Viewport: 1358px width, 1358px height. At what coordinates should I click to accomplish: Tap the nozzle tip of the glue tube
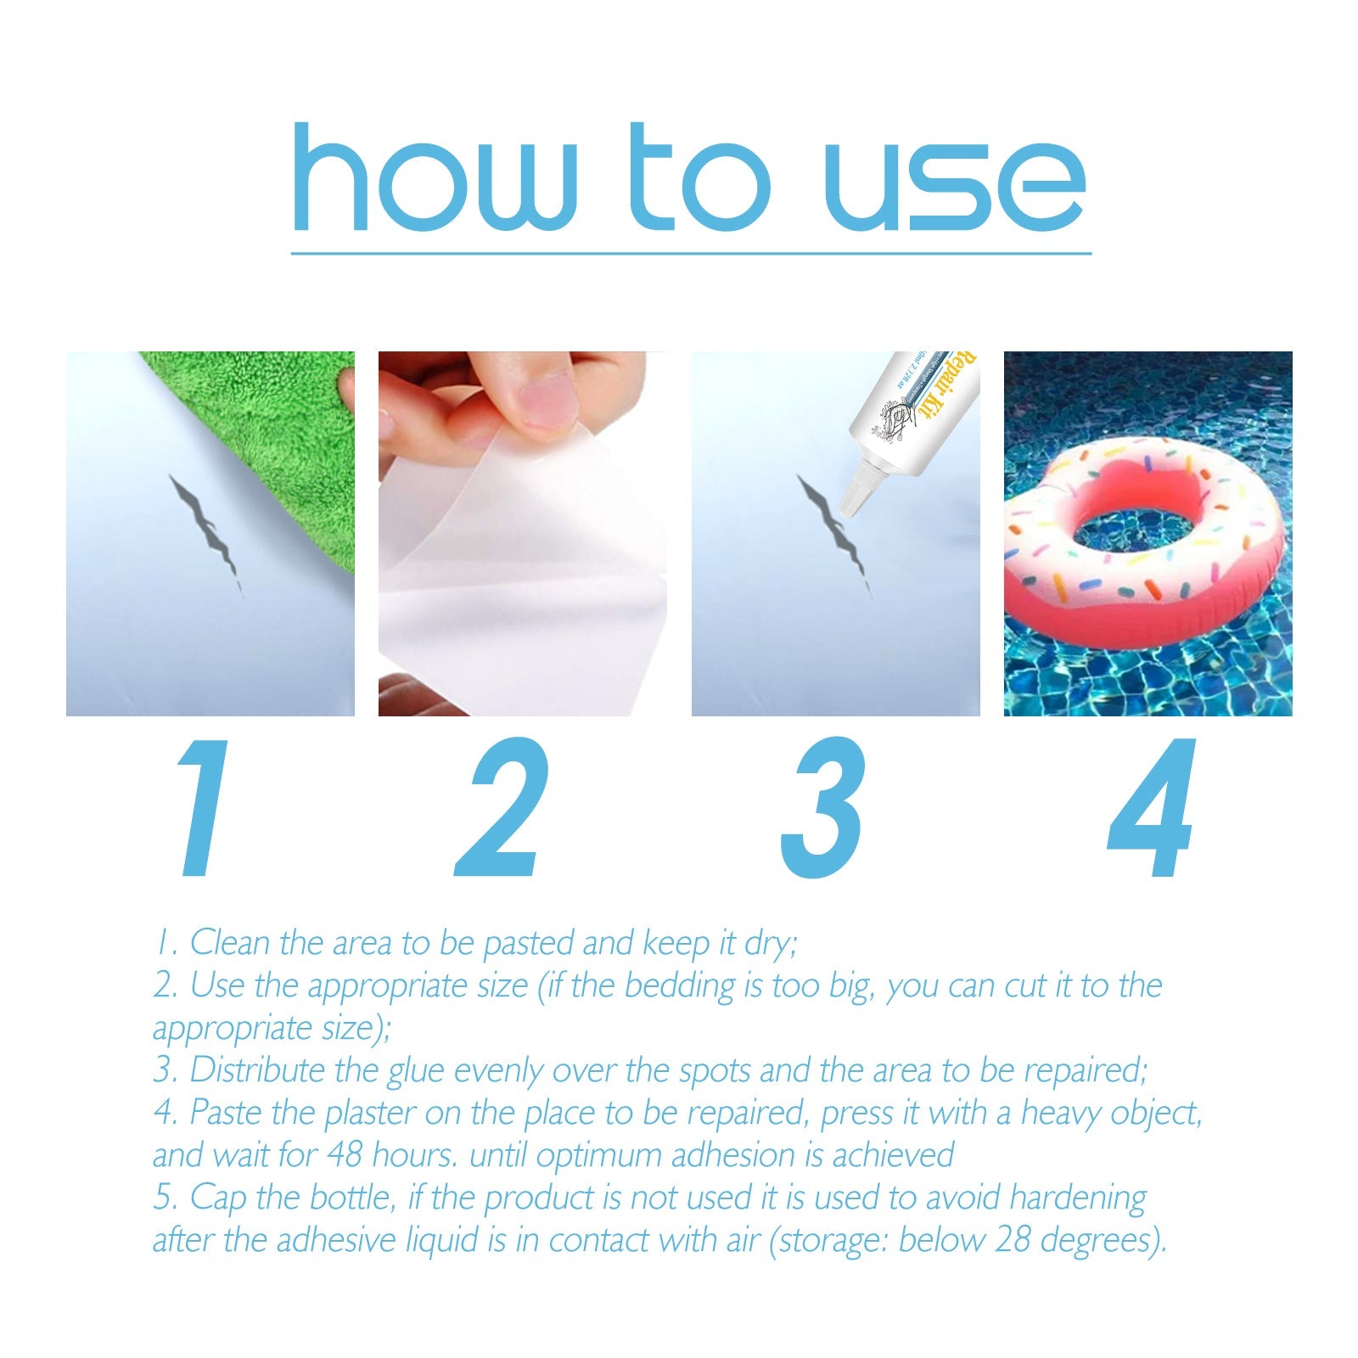(849, 505)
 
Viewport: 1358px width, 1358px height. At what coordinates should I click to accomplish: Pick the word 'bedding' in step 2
(679, 985)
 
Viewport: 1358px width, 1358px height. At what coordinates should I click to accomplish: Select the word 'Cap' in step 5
(218, 1198)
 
